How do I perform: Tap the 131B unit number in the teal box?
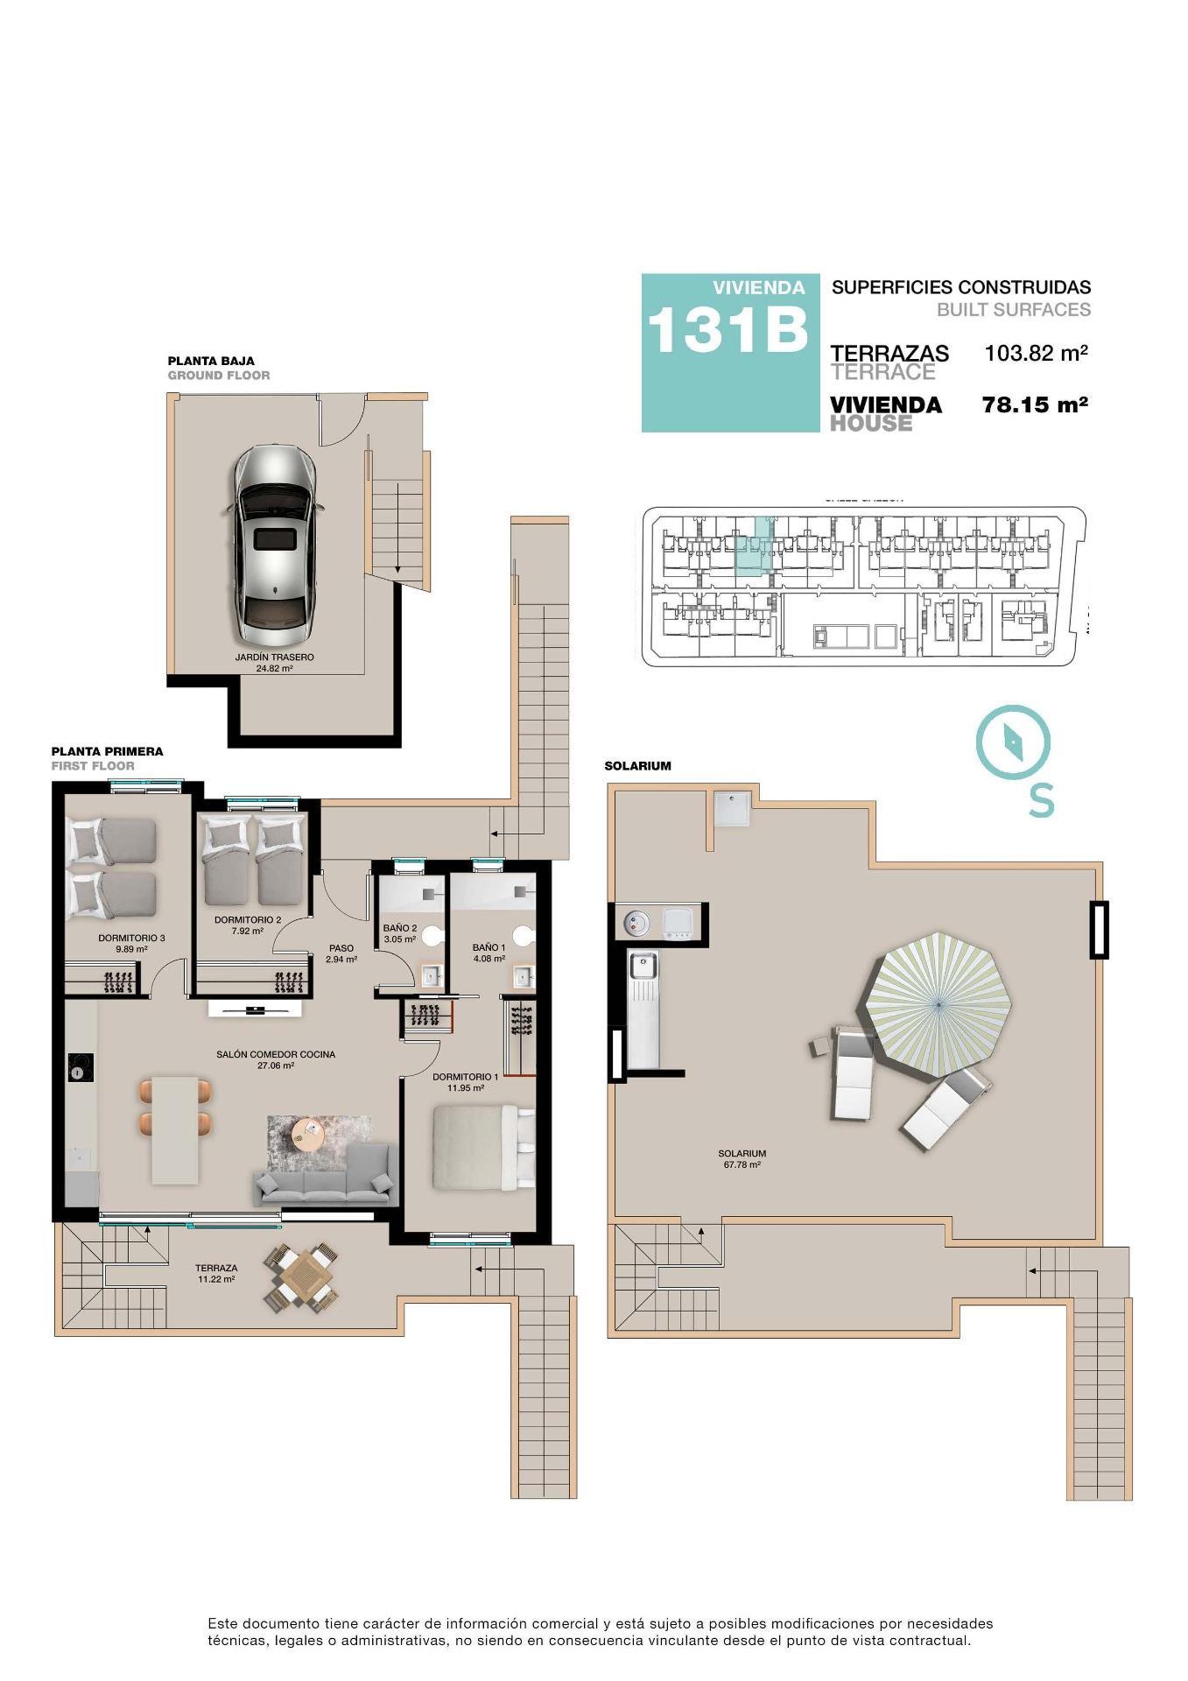(726, 331)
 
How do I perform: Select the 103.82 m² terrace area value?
(1036, 354)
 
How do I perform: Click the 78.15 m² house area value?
(1035, 405)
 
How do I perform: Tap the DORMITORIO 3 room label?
(131, 938)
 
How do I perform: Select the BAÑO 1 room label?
(489, 947)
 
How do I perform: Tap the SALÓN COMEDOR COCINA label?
(276, 1054)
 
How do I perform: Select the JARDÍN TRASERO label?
(274, 657)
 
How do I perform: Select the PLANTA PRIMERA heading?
(107, 751)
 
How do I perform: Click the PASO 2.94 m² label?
(341, 953)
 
